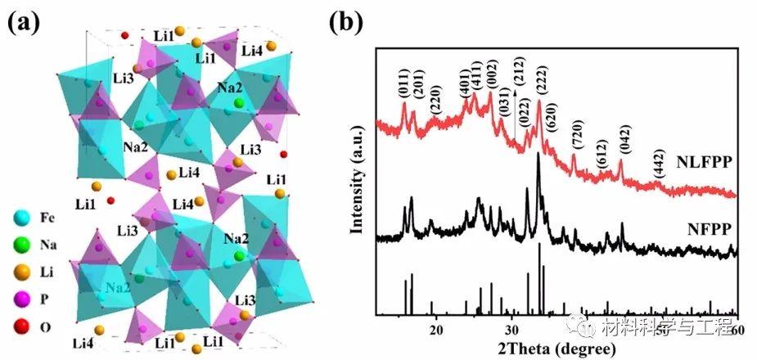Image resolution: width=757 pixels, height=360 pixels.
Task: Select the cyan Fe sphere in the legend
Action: [x=21, y=218]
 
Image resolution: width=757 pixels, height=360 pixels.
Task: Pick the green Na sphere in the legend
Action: [x=21, y=245]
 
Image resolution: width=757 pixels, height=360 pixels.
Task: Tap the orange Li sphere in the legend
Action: [x=21, y=272]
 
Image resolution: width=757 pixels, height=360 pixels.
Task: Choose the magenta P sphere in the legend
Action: [x=21, y=300]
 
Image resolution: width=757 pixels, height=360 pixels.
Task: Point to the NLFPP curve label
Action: [x=701, y=160]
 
